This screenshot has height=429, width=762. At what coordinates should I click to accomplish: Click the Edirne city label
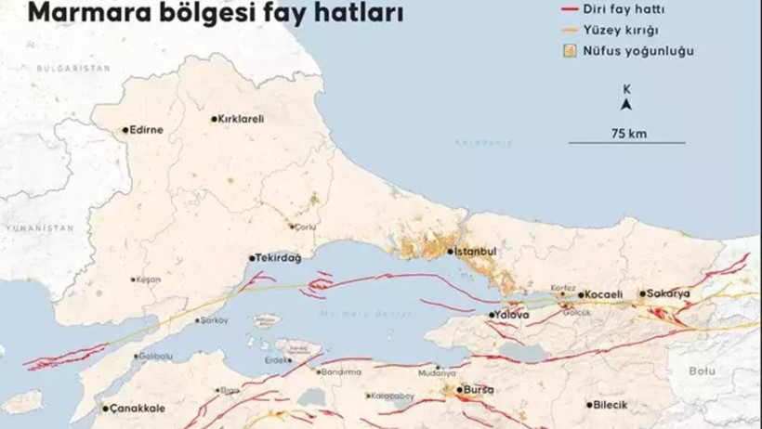pyautogui.click(x=147, y=130)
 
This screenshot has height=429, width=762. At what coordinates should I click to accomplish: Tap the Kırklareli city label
pyautogui.click(x=242, y=119)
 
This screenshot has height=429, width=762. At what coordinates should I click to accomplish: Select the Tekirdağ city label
pyautogui.click(x=279, y=258)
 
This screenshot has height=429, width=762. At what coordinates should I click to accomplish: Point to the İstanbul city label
pyautogui.click(x=476, y=252)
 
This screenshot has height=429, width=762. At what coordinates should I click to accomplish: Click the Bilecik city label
pyautogui.click(x=612, y=405)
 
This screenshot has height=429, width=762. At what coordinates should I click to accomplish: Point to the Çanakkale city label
pyautogui.click(x=138, y=409)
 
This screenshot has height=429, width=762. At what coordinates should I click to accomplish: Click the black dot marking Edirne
pyautogui.click(x=125, y=130)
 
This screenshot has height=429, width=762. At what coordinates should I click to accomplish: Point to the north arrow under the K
pyautogui.click(x=627, y=105)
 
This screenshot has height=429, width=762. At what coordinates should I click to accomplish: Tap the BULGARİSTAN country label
pyautogui.click(x=73, y=69)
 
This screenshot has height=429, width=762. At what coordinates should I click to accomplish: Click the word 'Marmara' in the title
pyautogui.click(x=74, y=13)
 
